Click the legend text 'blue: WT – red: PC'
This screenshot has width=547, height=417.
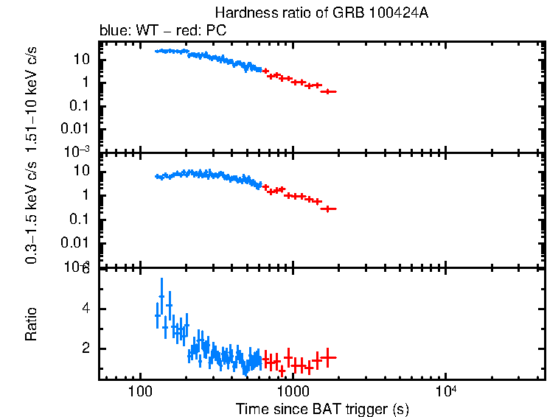tap(163, 31)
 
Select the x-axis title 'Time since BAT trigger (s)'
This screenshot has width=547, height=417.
tap(322, 408)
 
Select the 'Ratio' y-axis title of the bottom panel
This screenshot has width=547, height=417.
tap(32, 323)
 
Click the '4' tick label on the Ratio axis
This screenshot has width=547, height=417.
tap(87, 309)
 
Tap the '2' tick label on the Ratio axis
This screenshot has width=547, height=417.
tap(87, 348)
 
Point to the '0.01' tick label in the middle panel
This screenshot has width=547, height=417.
tap(78, 242)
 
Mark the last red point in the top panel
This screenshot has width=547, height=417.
tap(330, 91)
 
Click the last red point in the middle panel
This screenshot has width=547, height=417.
tap(329, 209)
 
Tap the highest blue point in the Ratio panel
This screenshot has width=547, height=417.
tap(161, 297)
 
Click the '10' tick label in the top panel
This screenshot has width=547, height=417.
tap(84, 59)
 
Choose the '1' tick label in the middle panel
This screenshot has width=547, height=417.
tap(87, 195)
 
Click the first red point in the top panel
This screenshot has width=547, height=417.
tap(266, 71)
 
